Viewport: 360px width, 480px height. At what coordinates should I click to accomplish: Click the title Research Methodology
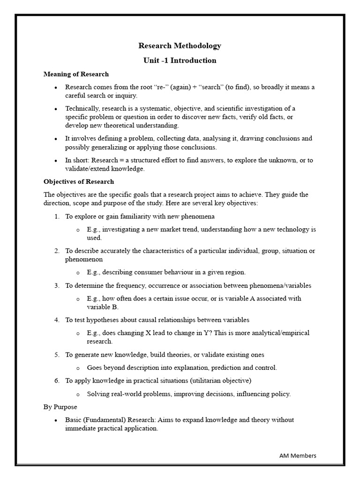pyautogui.click(x=180, y=46)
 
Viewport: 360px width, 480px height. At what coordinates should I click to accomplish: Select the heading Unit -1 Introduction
pyautogui.click(x=180, y=60)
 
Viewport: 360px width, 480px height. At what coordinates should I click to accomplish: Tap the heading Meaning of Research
pyautogui.click(x=76, y=74)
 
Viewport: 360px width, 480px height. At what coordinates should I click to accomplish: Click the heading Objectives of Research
pyautogui.click(x=79, y=181)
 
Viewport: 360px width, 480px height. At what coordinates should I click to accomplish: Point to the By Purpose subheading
pyautogui.click(x=60, y=407)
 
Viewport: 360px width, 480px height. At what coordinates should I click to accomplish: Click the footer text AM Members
pyautogui.click(x=298, y=455)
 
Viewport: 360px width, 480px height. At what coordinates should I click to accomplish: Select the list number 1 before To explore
pyautogui.click(x=56, y=217)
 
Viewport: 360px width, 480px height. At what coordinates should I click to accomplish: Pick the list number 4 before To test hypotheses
pyautogui.click(x=56, y=320)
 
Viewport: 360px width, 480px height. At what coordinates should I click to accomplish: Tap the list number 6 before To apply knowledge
pyautogui.click(x=56, y=381)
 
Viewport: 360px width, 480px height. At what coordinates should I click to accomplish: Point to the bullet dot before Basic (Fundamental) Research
pyautogui.click(x=56, y=420)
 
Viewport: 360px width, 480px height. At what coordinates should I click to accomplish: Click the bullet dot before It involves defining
pyautogui.click(x=56, y=139)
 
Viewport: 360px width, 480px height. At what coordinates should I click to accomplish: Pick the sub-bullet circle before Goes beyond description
pyautogui.click(x=78, y=368)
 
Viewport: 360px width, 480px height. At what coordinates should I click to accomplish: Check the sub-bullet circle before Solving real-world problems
pyautogui.click(x=78, y=394)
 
